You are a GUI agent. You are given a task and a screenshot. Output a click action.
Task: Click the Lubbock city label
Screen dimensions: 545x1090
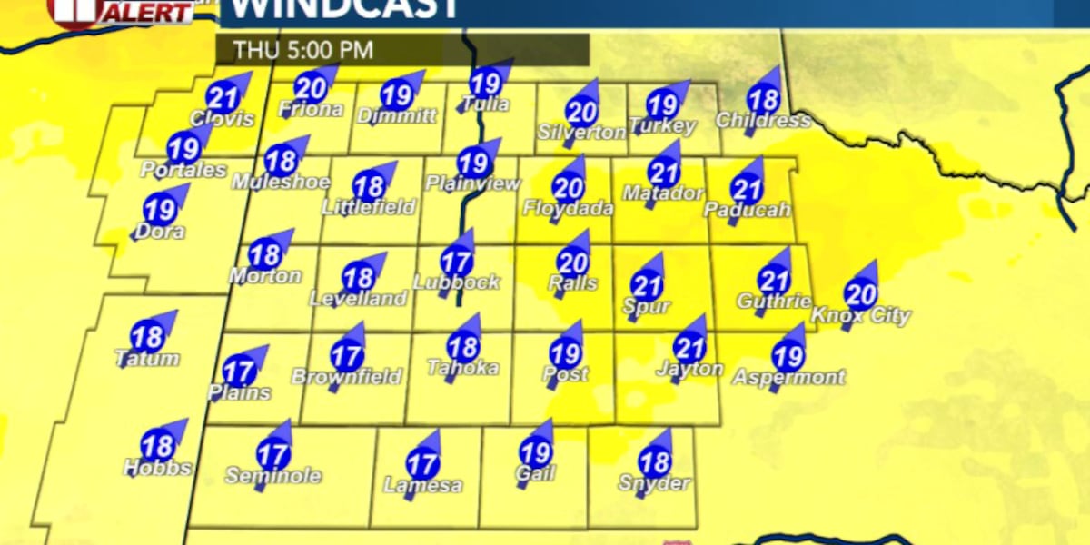(457, 282)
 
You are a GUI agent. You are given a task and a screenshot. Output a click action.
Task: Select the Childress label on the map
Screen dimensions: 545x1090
(762, 121)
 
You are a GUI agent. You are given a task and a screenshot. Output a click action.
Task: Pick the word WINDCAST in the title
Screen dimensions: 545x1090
(340, 9)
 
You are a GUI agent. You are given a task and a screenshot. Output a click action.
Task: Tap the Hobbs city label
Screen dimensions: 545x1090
(158, 468)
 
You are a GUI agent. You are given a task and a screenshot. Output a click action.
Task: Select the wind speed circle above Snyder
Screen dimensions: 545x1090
(654, 461)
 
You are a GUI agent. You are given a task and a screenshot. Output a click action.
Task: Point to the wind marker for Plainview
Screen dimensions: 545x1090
(472, 163)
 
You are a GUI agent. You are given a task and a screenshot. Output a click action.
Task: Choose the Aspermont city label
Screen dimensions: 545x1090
(788, 376)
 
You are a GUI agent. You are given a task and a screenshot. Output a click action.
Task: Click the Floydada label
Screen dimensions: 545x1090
(568, 208)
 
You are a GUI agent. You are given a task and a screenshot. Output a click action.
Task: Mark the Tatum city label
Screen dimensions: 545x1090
(147, 359)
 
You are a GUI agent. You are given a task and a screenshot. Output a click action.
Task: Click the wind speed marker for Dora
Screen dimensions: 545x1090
(160, 211)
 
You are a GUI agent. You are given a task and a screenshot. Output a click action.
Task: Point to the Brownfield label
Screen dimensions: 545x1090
(346, 376)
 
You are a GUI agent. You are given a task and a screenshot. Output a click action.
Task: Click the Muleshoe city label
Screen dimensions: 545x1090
(280, 182)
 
